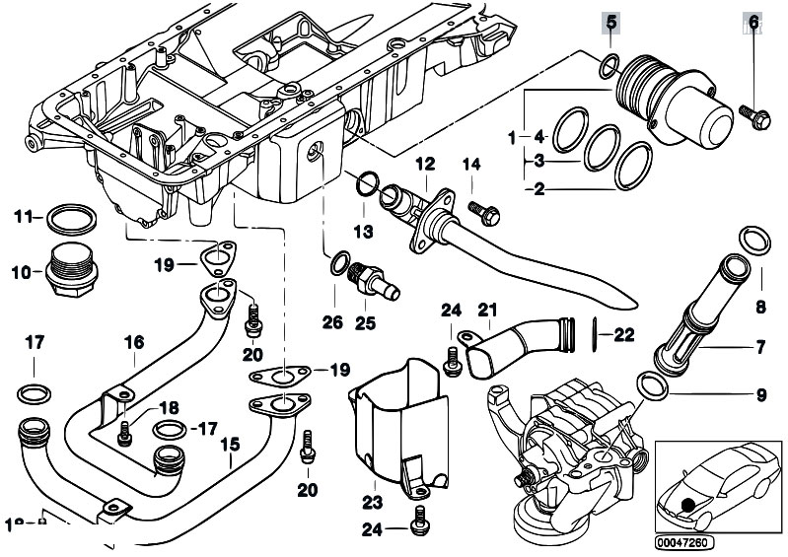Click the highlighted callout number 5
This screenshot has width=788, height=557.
(610, 22)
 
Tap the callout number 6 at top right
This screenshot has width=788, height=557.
(754, 22)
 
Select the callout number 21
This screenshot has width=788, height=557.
(486, 312)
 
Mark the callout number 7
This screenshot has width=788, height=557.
(760, 348)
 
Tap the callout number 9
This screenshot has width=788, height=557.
(760, 397)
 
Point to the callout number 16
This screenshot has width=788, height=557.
(133, 342)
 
